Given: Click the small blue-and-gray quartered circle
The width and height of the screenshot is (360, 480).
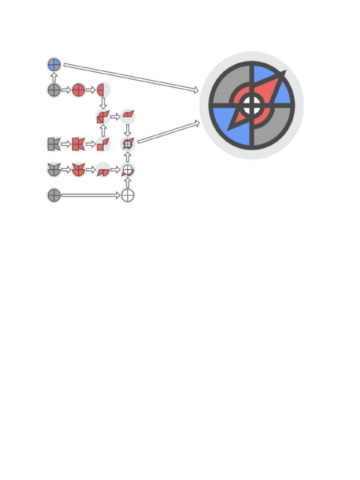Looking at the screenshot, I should (x=54, y=65).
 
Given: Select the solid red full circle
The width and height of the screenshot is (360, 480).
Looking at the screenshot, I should (x=78, y=90).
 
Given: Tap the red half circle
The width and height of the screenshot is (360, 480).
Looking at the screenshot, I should (x=102, y=90).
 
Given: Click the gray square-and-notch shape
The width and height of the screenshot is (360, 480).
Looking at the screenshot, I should (x=54, y=144).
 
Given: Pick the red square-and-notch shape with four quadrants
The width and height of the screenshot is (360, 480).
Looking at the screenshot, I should (x=78, y=144).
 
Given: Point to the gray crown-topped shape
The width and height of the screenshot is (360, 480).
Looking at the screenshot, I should (x=54, y=170).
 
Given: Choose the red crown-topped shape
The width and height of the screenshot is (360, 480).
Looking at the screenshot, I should (x=78, y=170).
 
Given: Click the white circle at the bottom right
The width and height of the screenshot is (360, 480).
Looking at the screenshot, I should (x=127, y=195).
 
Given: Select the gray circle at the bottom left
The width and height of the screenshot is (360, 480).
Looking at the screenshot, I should (x=54, y=195).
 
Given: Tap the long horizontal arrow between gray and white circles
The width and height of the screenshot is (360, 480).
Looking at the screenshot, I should (x=90, y=195).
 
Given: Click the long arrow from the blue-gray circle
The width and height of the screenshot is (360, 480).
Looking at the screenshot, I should (x=131, y=77).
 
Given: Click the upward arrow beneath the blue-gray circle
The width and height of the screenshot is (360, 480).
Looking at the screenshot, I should (x=54, y=77).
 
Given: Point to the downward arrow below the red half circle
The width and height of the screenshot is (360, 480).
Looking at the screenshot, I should (x=103, y=102).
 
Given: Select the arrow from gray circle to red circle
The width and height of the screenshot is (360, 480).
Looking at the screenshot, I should (x=66, y=90).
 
